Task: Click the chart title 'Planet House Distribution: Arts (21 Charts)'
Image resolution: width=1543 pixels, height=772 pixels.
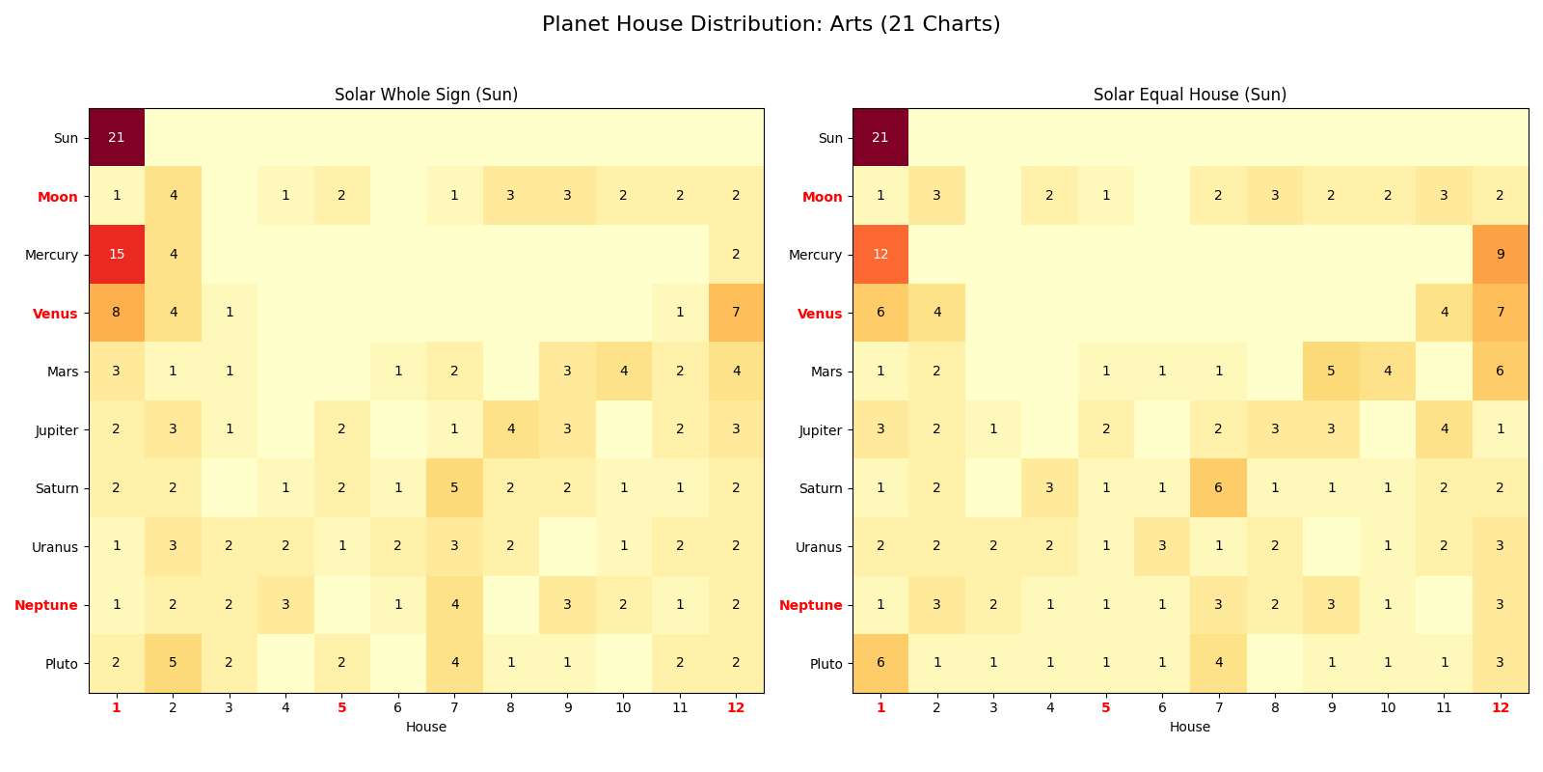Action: pyautogui.click(x=771, y=24)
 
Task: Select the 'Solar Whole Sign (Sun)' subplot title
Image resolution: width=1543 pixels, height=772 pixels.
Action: pyautogui.click(x=426, y=95)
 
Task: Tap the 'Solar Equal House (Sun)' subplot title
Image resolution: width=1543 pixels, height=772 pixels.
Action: pyautogui.click(x=1189, y=95)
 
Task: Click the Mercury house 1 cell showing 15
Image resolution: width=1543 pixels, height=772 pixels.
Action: pyautogui.click(x=117, y=255)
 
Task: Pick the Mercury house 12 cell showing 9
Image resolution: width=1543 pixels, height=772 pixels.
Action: pyautogui.click(x=1500, y=255)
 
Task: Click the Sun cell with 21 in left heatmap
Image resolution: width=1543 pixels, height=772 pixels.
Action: pyautogui.click(x=117, y=138)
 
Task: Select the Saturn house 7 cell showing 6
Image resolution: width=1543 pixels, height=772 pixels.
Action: pyautogui.click(x=1218, y=488)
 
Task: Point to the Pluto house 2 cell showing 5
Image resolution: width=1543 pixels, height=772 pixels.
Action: pyautogui.click(x=173, y=663)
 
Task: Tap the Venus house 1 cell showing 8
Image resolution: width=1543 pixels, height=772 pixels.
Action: pyautogui.click(x=117, y=313)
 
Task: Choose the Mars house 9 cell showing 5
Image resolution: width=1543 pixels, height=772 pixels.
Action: pyautogui.click(x=1331, y=372)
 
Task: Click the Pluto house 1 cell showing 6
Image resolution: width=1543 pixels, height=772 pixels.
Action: pyautogui.click(x=880, y=663)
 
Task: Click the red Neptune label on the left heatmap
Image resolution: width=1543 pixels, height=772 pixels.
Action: pyautogui.click(x=46, y=605)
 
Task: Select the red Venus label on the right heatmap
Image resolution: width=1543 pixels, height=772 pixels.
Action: pyautogui.click(x=820, y=313)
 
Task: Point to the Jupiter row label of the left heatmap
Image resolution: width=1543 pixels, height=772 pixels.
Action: pyautogui.click(x=57, y=430)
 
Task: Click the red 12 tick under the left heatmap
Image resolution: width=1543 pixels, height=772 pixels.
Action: pyautogui.click(x=736, y=707)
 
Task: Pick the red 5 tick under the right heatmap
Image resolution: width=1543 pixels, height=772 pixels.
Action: pyautogui.click(x=1105, y=707)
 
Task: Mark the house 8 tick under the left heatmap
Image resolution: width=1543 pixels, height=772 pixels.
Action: pyautogui.click(x=510, y=707)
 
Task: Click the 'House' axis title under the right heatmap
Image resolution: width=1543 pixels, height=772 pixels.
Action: pyautogui.click(x=1189, y=727)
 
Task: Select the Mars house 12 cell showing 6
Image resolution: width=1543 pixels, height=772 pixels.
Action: pyautogui.click(x=1500, y=372)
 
